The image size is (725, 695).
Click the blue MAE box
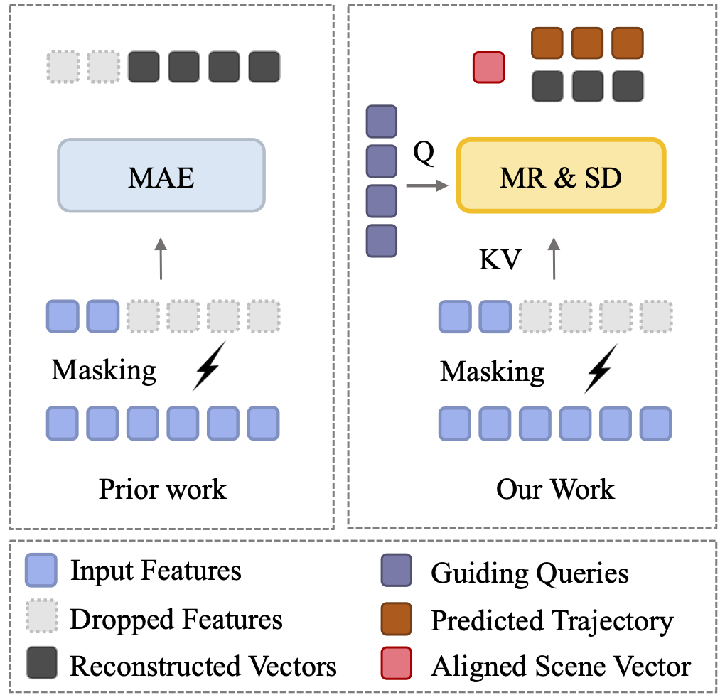coord(161,176)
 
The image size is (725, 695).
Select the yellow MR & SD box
coord(561,176)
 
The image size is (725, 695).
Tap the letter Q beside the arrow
coord(423,153)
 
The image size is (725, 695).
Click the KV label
coord(500,261)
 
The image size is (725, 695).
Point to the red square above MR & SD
coord(489,68)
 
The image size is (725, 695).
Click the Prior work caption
coord(163,489)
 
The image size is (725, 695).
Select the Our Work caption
coord(555,489)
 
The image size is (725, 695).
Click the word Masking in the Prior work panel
coord(104,370)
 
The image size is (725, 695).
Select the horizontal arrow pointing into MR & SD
coord(427,186)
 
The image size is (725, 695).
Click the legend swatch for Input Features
coord(40,571)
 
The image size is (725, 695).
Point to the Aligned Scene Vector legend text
coord(561,667)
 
